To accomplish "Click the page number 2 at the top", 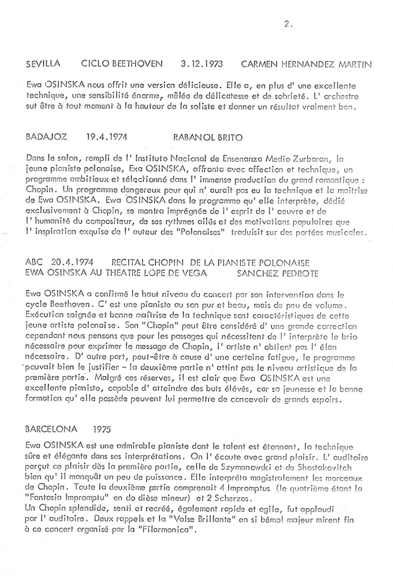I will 286,24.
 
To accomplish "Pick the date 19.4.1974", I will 101,138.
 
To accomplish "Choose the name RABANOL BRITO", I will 208,138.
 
